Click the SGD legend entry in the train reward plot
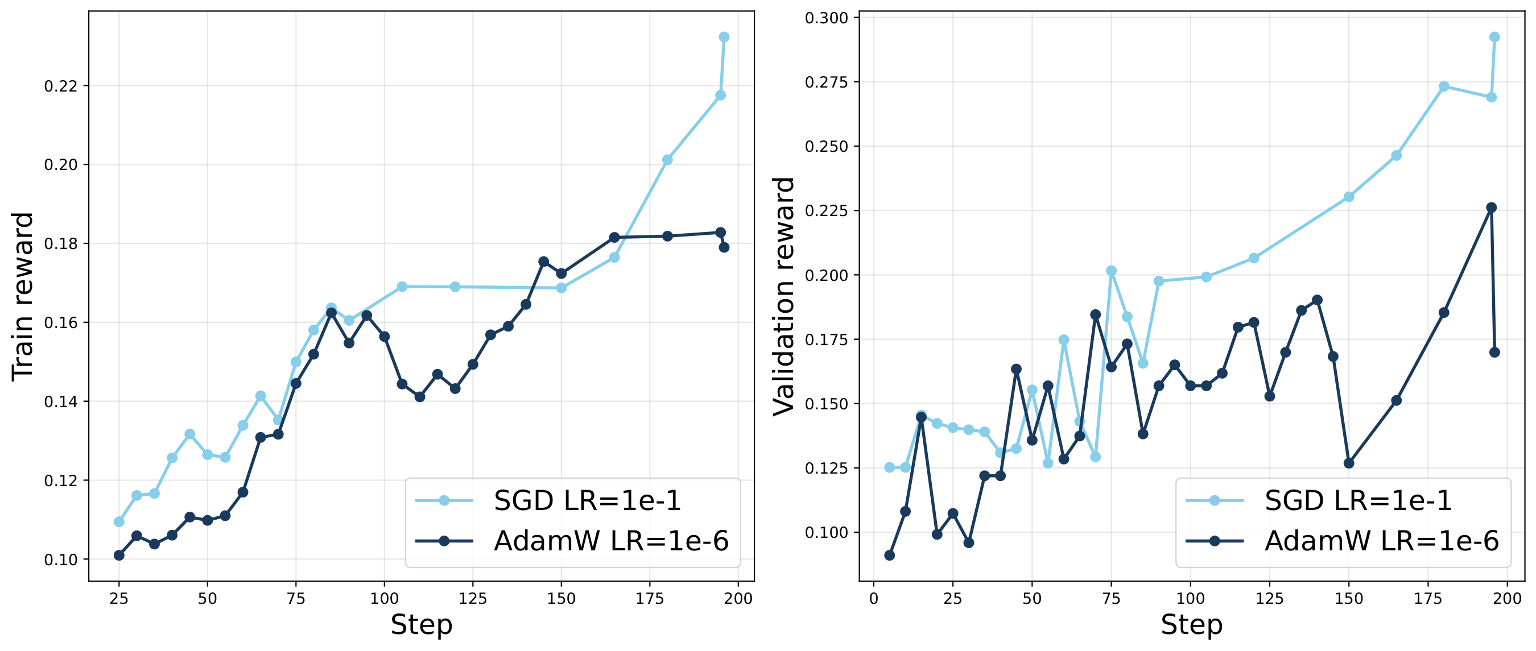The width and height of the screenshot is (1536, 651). click(548, 500)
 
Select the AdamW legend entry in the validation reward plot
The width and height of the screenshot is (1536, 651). click(1342, 541)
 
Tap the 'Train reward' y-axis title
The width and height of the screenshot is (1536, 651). click(23, 296)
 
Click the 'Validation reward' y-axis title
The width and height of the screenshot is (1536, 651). click(783, 296)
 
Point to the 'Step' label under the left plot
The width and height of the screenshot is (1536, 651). click(422, 625)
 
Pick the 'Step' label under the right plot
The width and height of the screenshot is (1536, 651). click(1192, 625)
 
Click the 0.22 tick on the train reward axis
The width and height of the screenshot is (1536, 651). click(61, 86)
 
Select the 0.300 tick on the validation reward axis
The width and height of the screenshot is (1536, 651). click(827, 18)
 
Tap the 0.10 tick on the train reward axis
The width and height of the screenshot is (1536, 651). click(61, 559)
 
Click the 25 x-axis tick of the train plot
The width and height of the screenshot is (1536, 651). click(119, 598)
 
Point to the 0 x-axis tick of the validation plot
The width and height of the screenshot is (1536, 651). click(874, 598)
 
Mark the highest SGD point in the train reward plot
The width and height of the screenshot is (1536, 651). click(724, 37)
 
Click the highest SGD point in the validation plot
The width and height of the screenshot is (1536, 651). click(1494, 37)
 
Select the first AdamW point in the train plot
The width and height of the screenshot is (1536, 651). click(119, 555)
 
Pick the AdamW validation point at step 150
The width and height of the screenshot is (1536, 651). click(1349, 463)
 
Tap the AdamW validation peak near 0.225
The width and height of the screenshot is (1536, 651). click(1491, 208)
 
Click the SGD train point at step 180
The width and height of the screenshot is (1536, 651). click(667, 160)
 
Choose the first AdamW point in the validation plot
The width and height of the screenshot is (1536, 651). click(890, 555)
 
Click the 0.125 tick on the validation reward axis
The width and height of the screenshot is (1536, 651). click(827, 468)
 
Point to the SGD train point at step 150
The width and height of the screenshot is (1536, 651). click(561, 288)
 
